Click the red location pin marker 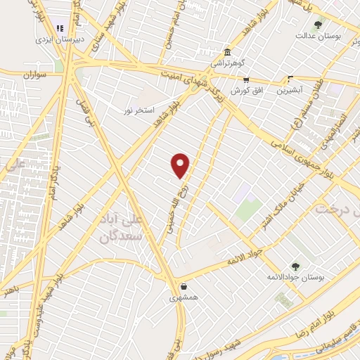click(181, 165)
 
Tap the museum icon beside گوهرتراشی click(227, 53)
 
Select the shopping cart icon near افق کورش click(245, 80)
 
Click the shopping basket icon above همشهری click(184, 286)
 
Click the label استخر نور click(139, 111)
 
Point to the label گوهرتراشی click(226, 64)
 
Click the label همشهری click(184, 298)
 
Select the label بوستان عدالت click(318, 35)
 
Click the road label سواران click(33, 73)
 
